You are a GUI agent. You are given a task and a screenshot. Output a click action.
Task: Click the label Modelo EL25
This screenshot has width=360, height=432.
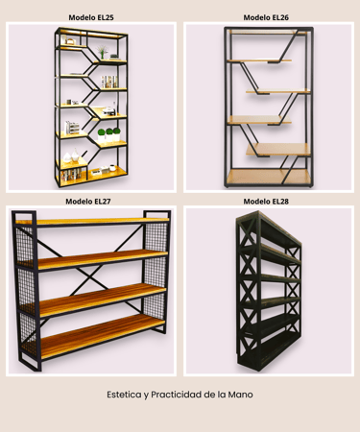click(x=91, y=17)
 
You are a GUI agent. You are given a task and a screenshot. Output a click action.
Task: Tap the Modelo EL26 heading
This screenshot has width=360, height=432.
click(x=266, y=17)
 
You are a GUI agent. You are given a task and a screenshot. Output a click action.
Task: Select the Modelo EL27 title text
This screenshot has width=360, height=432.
click(x=88, y=202)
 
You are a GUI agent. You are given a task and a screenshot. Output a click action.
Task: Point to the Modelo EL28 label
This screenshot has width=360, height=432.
click(x=266, y=202)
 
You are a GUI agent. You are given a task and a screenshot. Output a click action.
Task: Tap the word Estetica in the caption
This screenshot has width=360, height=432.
click(x=124, y=395)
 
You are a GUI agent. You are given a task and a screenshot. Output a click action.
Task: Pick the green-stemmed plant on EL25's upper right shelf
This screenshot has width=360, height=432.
click(x=102, y=52)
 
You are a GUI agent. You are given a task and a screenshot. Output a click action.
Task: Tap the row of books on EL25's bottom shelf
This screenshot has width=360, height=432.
click(x=71, y=175)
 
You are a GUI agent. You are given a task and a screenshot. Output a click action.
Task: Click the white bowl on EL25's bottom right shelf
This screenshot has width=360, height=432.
click(x=112, y=167)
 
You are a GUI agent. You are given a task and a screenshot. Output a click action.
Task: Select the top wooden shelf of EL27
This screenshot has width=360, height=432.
click(x=92, y=221)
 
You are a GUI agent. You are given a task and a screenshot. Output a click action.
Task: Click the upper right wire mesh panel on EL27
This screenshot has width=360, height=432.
click(x=156, y=237)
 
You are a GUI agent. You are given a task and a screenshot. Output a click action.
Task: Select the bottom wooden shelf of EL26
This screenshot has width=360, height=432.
click(x=269, y=177)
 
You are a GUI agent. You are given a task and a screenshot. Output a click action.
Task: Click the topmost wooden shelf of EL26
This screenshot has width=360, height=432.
click(x=267, y=32)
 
